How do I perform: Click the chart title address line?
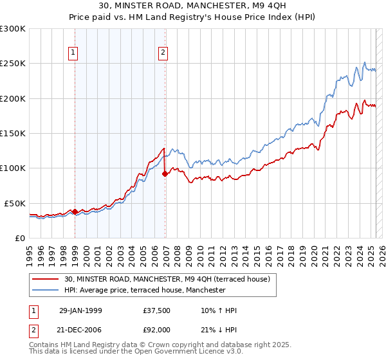coord(192,7)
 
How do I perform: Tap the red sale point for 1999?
coord(75,212)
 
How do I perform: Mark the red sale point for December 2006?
coord(165,174)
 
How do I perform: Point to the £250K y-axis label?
coord(13,64)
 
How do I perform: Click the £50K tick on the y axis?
coord(15,203)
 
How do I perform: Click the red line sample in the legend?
coord(46,279)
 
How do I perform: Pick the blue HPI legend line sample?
coord(46,290)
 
